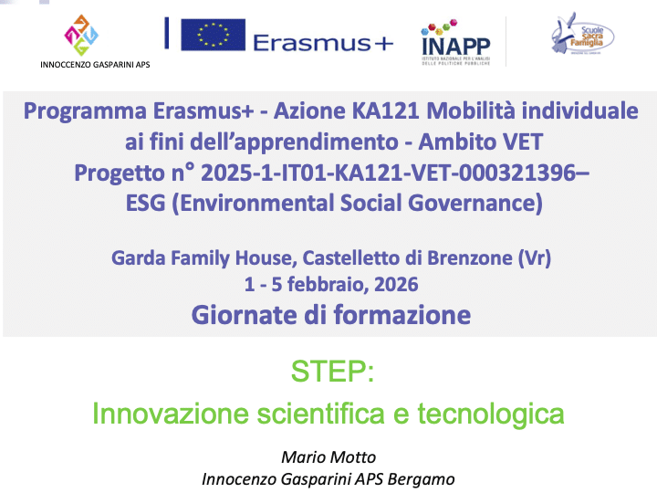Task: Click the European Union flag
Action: click(213, 35)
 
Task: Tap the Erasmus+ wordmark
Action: click(323, 43)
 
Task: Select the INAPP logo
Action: click(455, 42)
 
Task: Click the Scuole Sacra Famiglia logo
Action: click(582, 34)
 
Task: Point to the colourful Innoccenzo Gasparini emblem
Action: click(81, 36)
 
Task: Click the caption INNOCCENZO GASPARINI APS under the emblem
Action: click(95, 65)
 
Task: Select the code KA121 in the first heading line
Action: click(385, 111)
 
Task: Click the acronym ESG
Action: click(145, 203)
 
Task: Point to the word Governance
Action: click(475, 203)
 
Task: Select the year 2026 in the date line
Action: click(396, 284)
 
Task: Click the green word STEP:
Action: click(332, 371)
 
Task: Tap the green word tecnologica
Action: click(491, 414)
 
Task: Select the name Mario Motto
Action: click(328, 457)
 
